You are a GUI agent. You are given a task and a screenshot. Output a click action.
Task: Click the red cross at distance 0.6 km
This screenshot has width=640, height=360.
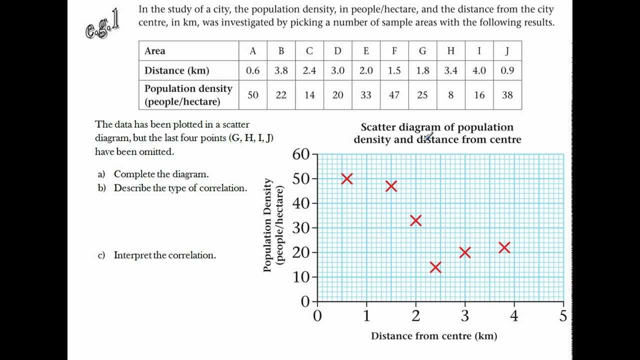[x=346, y=178]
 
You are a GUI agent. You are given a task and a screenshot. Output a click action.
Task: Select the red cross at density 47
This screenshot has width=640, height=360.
[x=391, y=186]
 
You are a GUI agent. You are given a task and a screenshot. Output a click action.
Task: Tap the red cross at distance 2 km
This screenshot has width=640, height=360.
[x=415, y=220]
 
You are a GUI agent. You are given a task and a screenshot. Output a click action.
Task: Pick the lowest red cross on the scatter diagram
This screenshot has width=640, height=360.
[x=435, y=267]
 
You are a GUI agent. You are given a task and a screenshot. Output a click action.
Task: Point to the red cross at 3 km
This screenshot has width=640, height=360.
[x=465, y=252]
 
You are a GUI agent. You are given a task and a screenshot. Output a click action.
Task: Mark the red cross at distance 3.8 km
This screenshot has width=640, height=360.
[x=504, y=247]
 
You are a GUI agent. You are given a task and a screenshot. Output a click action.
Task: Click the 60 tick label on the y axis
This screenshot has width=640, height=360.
[x=301, y=154]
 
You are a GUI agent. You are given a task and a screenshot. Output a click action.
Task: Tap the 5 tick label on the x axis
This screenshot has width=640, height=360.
[x=563, y=316]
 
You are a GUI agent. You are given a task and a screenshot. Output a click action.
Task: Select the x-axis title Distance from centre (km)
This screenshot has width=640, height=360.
[x=433, y=336]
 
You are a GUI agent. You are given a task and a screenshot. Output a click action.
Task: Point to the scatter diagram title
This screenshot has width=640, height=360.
[x=437, y=133]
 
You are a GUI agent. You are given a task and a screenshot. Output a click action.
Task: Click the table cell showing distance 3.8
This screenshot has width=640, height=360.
[x=281, y=70]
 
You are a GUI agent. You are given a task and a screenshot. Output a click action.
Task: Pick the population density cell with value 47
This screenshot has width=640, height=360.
[x=394, y=94]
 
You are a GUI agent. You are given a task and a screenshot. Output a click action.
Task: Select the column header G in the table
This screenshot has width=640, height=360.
[x=422, y=51]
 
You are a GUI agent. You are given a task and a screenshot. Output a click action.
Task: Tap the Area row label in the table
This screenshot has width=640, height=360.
[x=155, y=51]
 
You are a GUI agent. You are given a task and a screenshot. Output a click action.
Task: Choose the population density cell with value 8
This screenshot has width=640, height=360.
[x=450, y=94]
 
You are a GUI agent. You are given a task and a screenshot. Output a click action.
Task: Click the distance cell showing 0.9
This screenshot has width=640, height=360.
[x=507, y=70]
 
